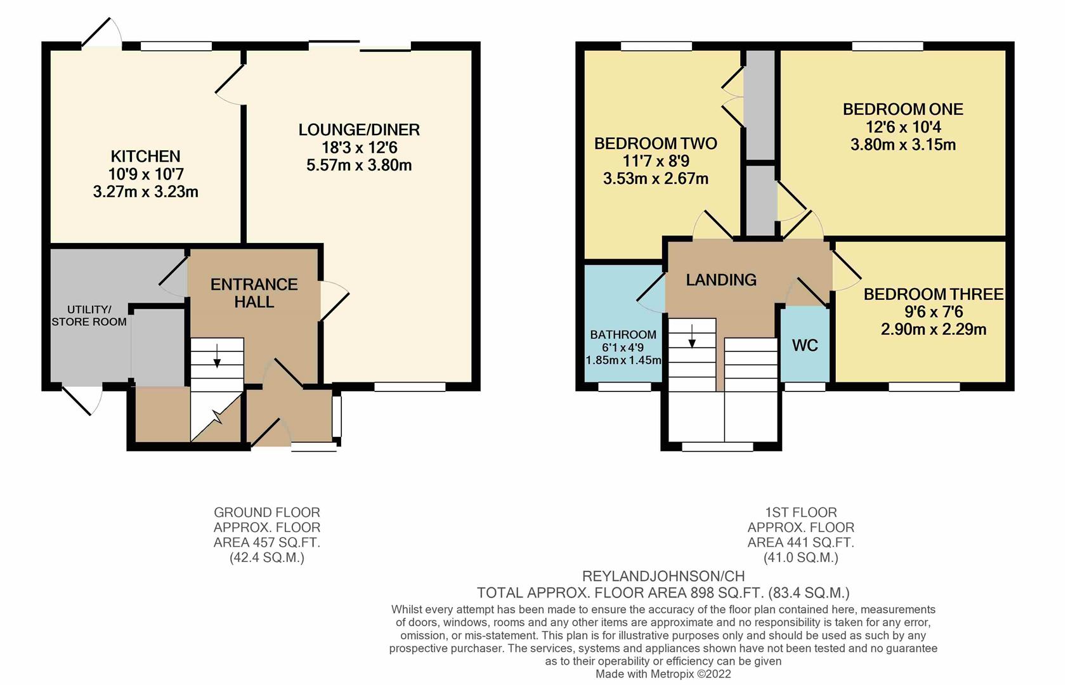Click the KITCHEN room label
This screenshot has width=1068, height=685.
coord(145,156)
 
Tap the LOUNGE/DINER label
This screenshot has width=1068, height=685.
coord(359,130)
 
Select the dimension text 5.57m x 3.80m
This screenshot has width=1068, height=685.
coord(359,166)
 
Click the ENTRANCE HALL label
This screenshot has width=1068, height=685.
coord(254,293)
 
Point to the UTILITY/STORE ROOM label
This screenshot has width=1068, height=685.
coord(89,315)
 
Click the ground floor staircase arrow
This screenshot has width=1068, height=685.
coord(217,356)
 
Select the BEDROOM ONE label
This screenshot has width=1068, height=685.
coord(902,109)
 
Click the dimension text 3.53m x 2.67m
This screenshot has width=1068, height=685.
coord(655,179)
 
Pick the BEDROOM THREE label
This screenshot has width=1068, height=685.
coord(933,294)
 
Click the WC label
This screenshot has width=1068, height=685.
coord(805,346)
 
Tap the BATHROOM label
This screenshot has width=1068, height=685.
coord(623,335)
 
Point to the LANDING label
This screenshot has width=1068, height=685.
coord(721,280)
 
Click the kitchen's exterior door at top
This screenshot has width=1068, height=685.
coord(101,32)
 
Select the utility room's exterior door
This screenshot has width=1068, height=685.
coord(82,400)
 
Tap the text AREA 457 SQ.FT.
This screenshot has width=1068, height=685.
coord(266,543)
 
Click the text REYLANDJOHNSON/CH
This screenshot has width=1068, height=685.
coord(663,577)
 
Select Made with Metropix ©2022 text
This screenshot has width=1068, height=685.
coord(663,674)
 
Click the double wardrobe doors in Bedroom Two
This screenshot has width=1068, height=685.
coord(733,98)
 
